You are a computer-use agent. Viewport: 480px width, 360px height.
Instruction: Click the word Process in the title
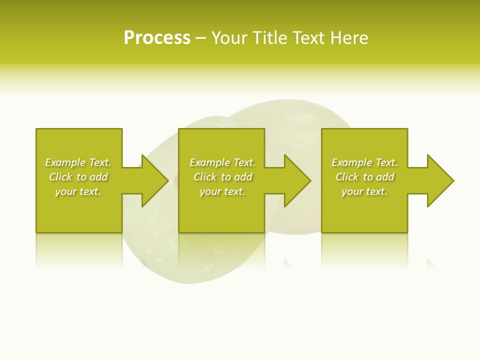coord(157,38)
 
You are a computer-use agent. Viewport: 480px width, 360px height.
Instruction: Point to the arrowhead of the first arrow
coord(155,180)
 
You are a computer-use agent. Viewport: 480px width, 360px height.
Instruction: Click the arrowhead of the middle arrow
coord(298,180)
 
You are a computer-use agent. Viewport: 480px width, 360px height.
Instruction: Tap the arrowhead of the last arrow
coord(440,180)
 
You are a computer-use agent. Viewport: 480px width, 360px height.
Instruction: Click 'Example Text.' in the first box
coord(78,162)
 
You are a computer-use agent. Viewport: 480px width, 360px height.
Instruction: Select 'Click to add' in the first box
coord(78,177)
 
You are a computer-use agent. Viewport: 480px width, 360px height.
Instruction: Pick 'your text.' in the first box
coord(78,191)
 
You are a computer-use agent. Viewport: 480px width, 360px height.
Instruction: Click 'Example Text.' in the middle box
coord(222,162)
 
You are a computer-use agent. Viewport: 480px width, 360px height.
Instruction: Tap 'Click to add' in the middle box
coord(222,177)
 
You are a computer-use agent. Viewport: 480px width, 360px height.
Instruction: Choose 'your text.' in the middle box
coord(222,191)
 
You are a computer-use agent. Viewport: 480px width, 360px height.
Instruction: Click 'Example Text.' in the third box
coord(364,162)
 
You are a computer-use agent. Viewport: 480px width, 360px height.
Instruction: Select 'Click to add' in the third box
coord(364,177)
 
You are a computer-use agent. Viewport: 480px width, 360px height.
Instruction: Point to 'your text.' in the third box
coord(364,191)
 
